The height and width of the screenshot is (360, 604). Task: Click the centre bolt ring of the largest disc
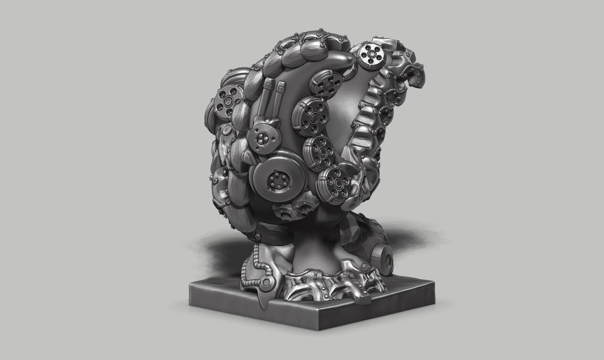point(275,180)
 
